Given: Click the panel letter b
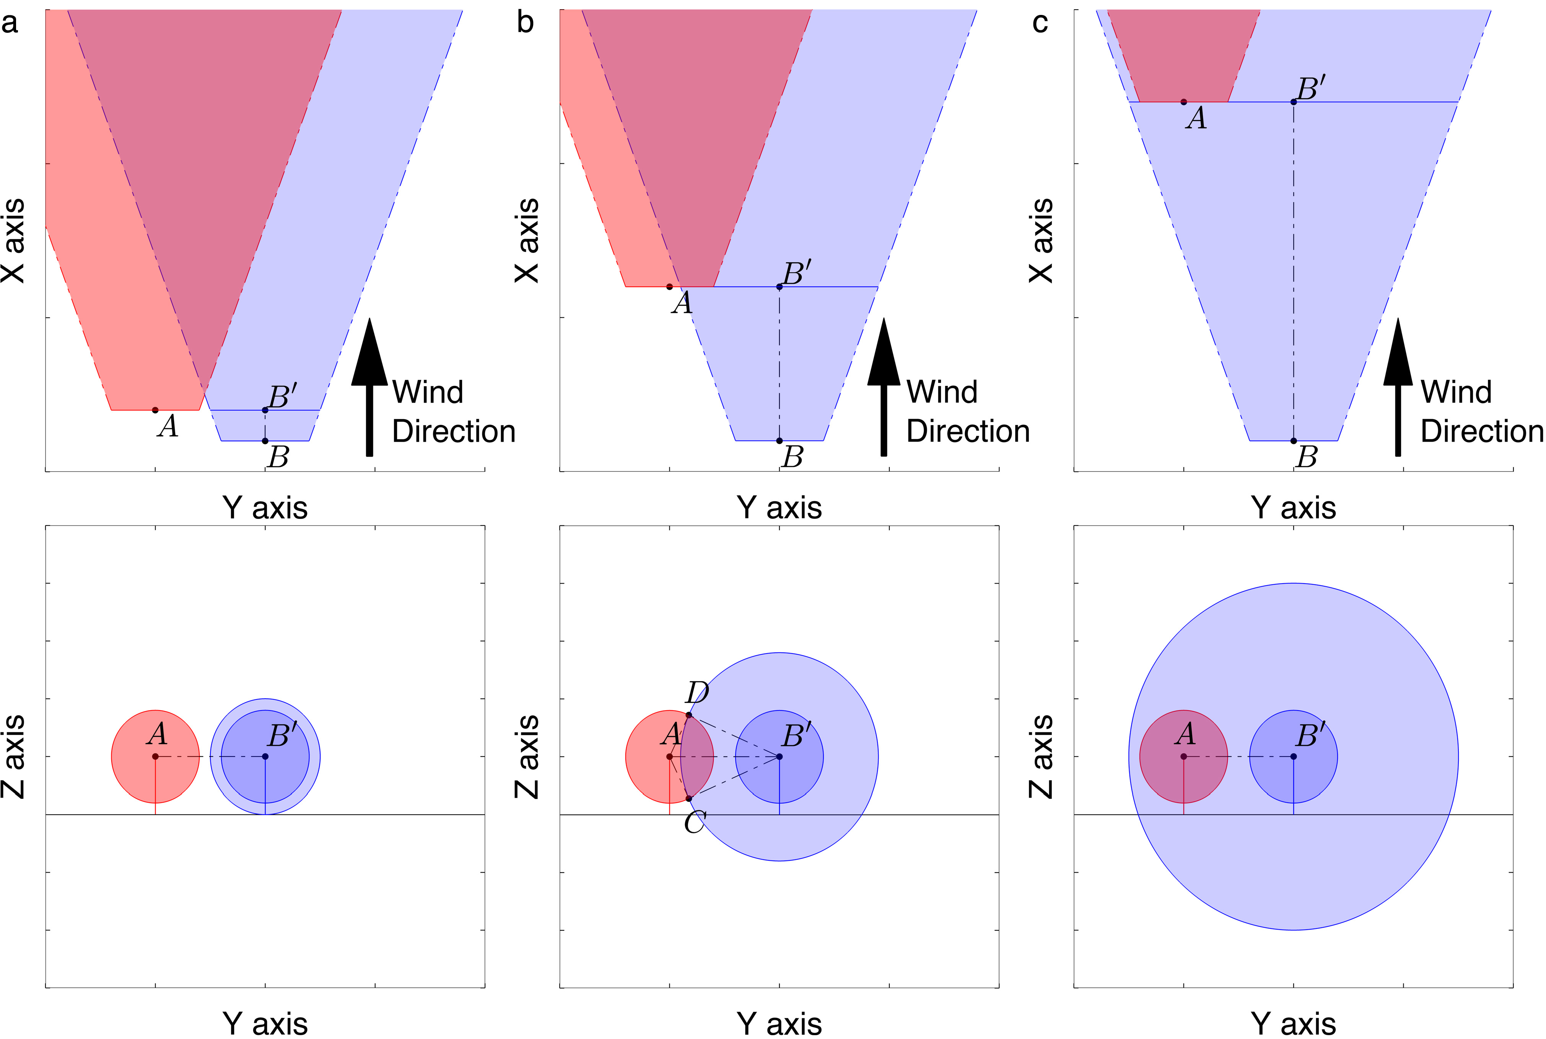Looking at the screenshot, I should pyautogui.click(x=525, y=23).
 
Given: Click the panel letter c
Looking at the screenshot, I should pyautogui.click(x=1040, y=23).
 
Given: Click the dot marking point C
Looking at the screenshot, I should pyautogui.click(x=688, y=798).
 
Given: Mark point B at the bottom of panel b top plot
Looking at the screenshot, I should pyautogui.click(x=779, y=441).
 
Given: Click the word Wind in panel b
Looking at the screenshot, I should pyautogui.click(x=942, y=392).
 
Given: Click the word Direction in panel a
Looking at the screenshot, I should pyautogui.click(x=453, y=431).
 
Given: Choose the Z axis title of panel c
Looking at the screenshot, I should pyautogui.click(x=1041, y=756).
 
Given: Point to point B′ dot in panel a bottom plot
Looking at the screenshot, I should pyautogui.click(x=265, y=756).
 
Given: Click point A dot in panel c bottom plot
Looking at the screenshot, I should pyautogui.click(x=1183, y=756).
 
